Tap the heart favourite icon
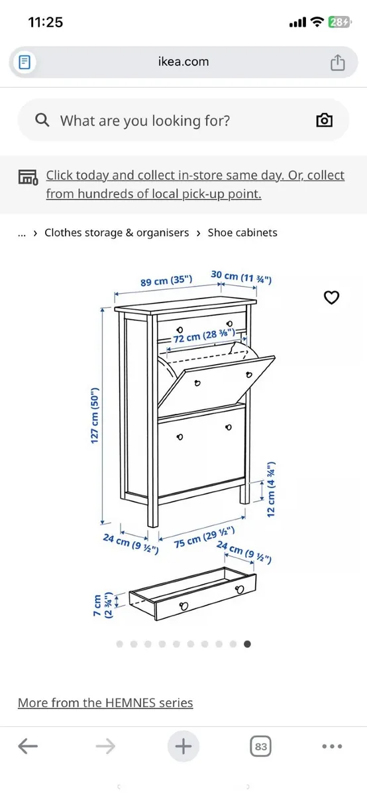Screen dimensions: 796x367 331,298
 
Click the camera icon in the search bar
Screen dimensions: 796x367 324,120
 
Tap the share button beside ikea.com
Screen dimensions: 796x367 338,62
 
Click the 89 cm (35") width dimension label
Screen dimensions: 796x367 166,281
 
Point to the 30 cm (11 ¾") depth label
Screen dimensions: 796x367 241,277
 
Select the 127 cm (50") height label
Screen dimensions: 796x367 95,416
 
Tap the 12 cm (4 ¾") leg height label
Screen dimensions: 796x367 272,490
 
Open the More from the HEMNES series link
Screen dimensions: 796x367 105,702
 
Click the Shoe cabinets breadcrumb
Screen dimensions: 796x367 242,233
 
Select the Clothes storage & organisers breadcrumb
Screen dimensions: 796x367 117,233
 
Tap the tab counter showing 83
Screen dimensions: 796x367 261,747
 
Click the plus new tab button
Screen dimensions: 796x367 183,747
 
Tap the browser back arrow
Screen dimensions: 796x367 27,747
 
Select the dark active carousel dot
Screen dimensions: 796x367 247,643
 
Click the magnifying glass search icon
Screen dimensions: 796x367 42,120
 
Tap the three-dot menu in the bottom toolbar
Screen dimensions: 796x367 332,747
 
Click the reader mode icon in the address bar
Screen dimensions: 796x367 25,62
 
